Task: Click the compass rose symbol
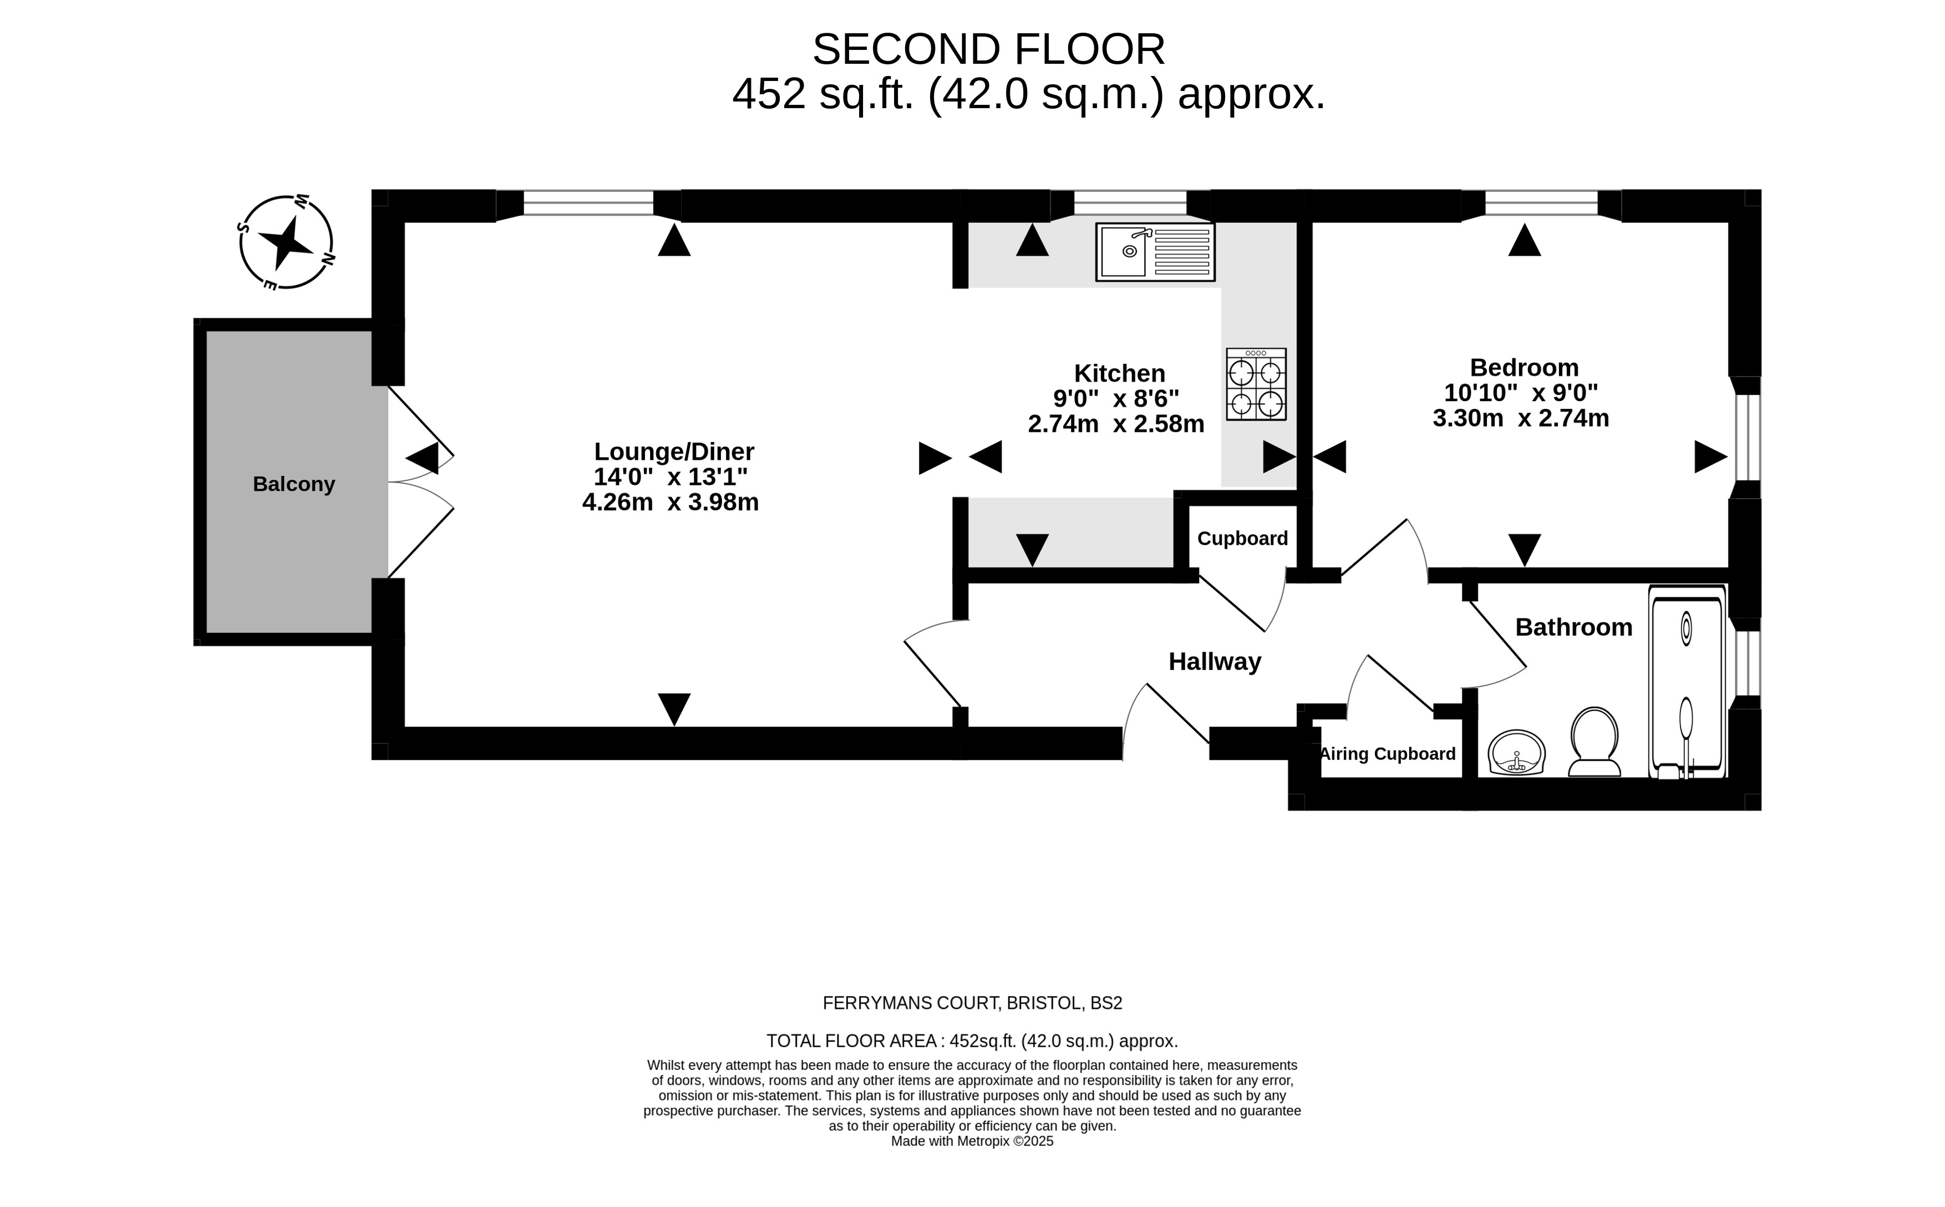286,242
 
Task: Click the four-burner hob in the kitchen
1256,384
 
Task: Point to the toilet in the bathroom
1594,742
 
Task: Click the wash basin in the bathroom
1516,752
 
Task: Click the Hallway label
1214,662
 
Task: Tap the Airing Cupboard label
1387,754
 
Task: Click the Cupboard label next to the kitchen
1242,539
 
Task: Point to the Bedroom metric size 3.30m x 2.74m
1520,418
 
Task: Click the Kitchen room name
1119,374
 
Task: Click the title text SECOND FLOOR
988,49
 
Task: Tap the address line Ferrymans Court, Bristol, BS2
972,1003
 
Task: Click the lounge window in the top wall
588,204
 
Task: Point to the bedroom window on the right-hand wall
1747,437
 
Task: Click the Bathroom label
1573,627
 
